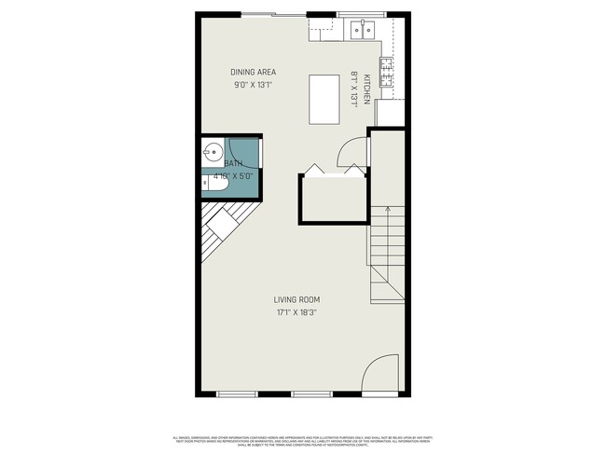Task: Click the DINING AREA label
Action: (x=253, y=72)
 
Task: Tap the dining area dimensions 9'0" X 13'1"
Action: (x=253, y=85)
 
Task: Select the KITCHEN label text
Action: (x=368, y=87)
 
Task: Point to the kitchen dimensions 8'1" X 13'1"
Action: (x=354, y=89)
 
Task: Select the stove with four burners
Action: (x=385, y=70)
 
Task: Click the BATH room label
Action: (x=232, y=163)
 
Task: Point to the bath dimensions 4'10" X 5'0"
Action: (x=233, y=175)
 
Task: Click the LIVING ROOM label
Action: (x=296, y=300)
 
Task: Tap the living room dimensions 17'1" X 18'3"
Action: (x=296, y=313)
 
